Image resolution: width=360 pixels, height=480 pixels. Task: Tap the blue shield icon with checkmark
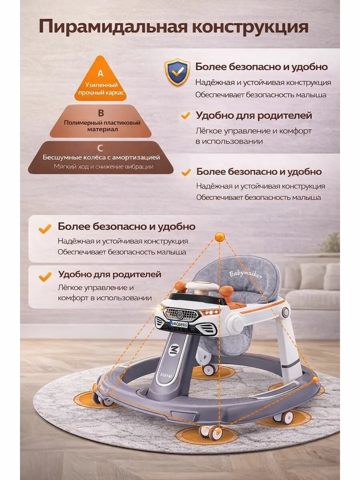coord(177,72)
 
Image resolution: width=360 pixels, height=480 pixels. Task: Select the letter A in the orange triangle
coord(100,73)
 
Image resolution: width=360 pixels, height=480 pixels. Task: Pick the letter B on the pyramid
coord(101,113)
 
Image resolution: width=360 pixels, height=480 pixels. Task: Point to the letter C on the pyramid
coord(100,148)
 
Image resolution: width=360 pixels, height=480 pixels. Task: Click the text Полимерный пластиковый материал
coord(102,126)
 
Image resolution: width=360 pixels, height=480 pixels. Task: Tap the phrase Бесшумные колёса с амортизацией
coord(101,157)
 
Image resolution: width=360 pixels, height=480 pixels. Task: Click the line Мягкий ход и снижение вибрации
coord(104,167)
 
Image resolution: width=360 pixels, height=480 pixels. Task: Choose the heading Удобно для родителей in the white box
coord(110,274)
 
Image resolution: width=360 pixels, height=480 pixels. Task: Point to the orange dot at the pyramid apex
coord(220,237)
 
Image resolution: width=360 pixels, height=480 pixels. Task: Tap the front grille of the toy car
coord(181,314)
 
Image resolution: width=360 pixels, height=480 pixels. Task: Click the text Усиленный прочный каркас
coord(101,88)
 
